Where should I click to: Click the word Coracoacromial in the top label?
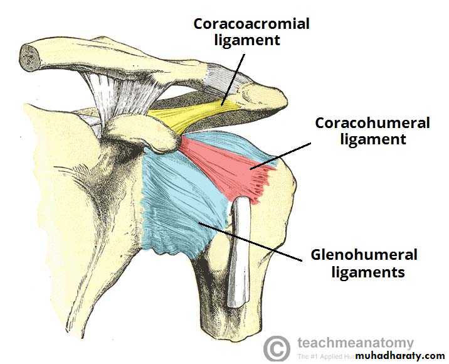251,24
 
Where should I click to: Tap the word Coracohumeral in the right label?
372,123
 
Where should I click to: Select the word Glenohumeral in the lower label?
364,255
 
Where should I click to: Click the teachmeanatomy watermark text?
355,343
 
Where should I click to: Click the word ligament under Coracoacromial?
251,41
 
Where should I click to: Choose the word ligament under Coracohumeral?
372,139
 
